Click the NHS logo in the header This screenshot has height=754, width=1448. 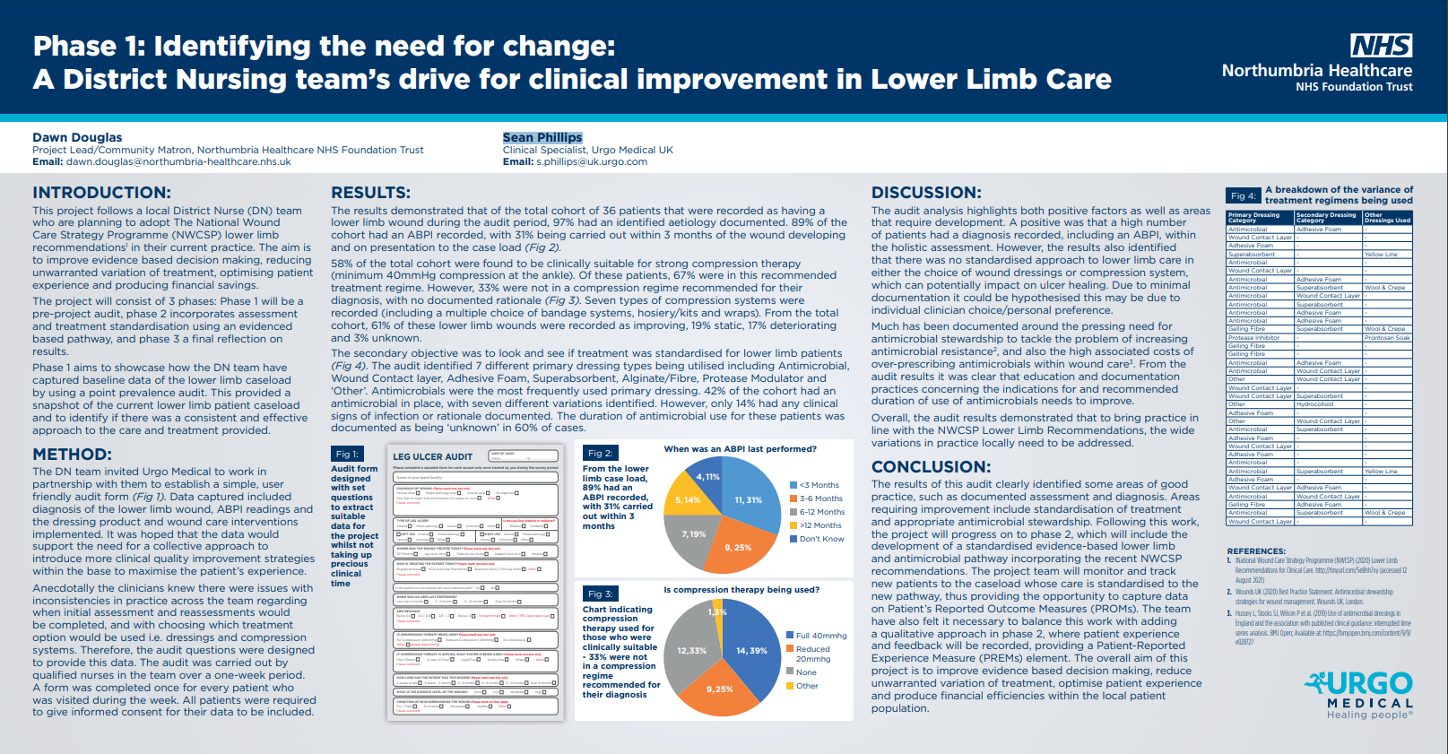[1381, 46]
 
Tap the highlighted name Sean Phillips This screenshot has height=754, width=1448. [542, 137]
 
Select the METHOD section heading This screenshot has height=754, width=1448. [72, 455]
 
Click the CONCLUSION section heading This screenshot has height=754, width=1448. [931, 467]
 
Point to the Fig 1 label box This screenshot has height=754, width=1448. [347, 455]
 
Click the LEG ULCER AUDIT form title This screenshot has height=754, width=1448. [432, 457]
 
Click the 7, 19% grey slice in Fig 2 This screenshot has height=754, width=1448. [692, 535]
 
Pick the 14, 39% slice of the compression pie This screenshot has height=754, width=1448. [751, 650]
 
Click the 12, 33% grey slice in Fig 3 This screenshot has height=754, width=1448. [691, 650]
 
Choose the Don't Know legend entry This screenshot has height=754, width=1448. [820, 539]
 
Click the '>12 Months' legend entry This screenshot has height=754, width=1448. [819, 525]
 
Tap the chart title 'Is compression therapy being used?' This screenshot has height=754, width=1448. [741, 590]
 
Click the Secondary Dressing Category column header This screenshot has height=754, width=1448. [1326, 217]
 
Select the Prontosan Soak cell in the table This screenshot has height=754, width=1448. [1387, 338]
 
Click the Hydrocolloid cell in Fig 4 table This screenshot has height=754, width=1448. [1314, 404]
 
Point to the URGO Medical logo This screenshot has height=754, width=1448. [1359, 694]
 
